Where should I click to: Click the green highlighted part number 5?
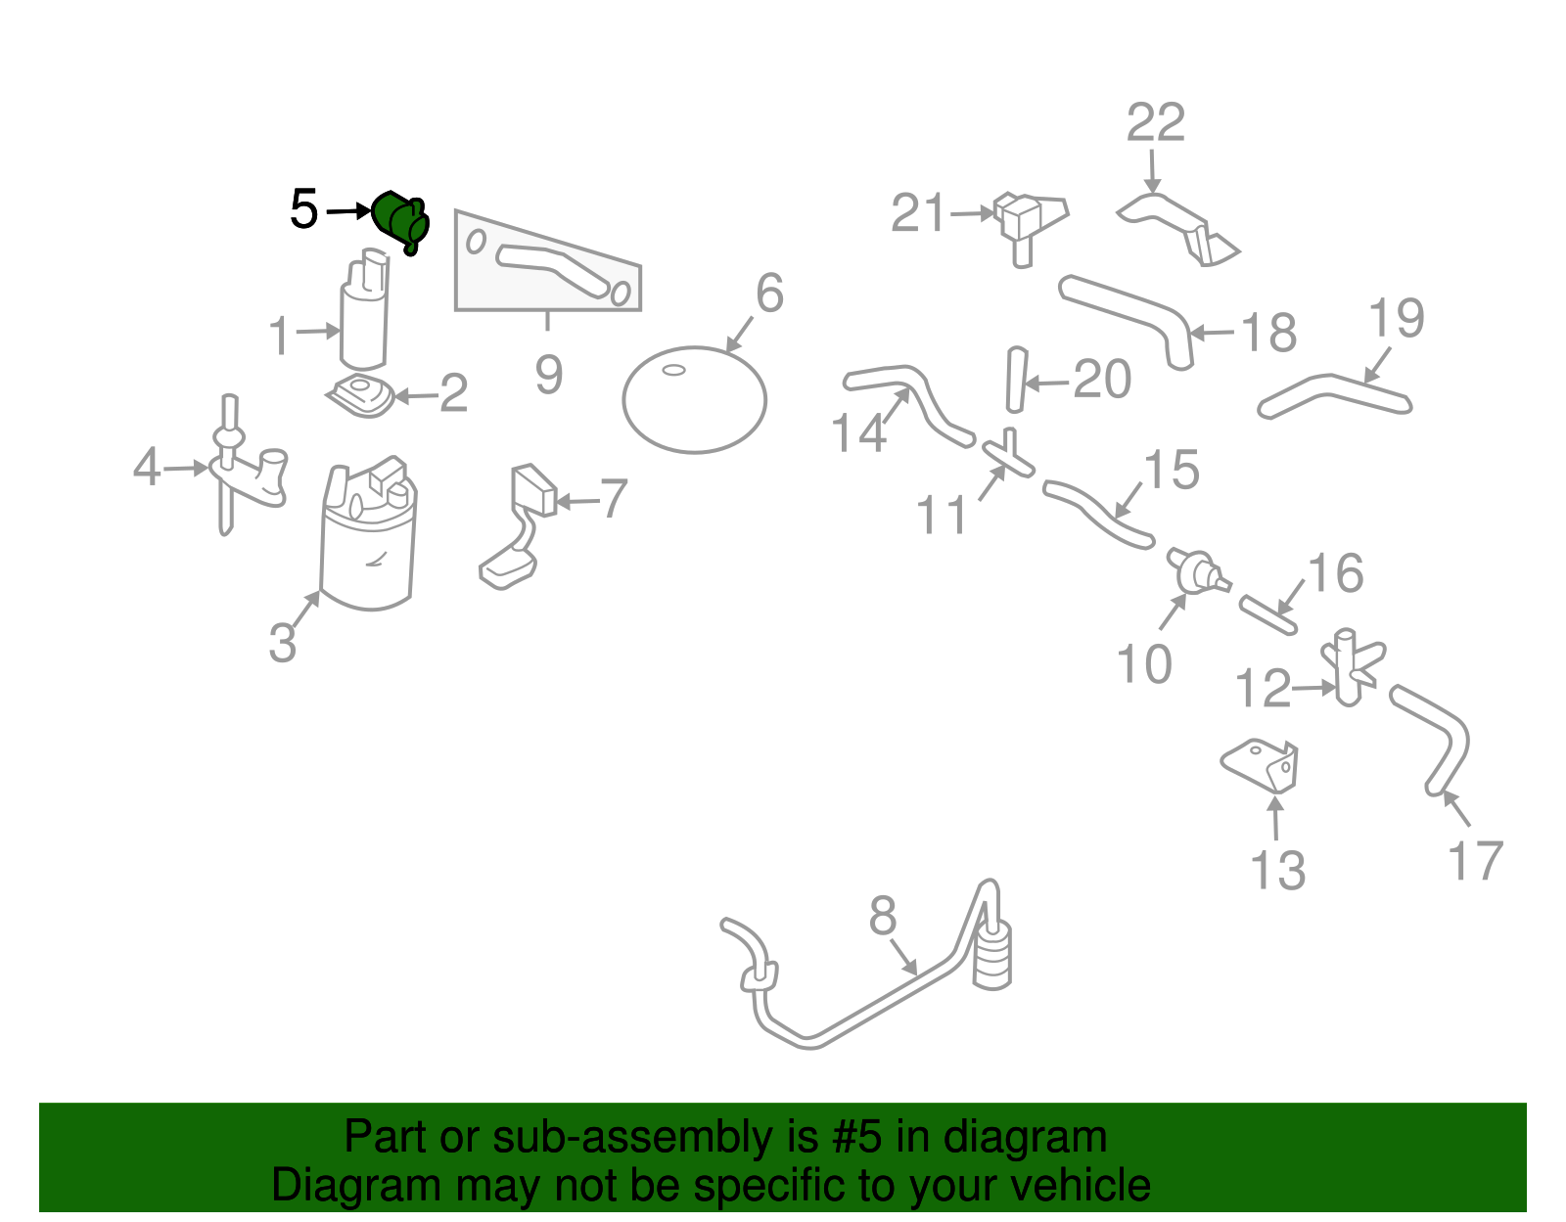pyautogui.click(x=401, y=220)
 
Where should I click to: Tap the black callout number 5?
pyautogui.click(x=304, y=209)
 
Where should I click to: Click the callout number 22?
pyautogui.click(x=1155, y=123)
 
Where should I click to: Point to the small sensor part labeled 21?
pyautogui.click(x=1023, y=223)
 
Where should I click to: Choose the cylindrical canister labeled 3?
pyautogui.click(x=369, y=548)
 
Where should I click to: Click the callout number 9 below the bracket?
pyautogui.click(x=548, y=375)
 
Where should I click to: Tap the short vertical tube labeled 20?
pyautogui.click(x=1015, y=380)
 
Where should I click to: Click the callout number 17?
pyautogui.click(x=1475, y=861)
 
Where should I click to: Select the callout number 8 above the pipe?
pyautogui.click(x=882, y=917)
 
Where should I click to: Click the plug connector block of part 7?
pyautogui.click(x=533, y=489)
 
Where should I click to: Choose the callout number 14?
pyautogui.click(x=858, y=431)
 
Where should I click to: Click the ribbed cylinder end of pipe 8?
pyautogui.click(x=993, y=957)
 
